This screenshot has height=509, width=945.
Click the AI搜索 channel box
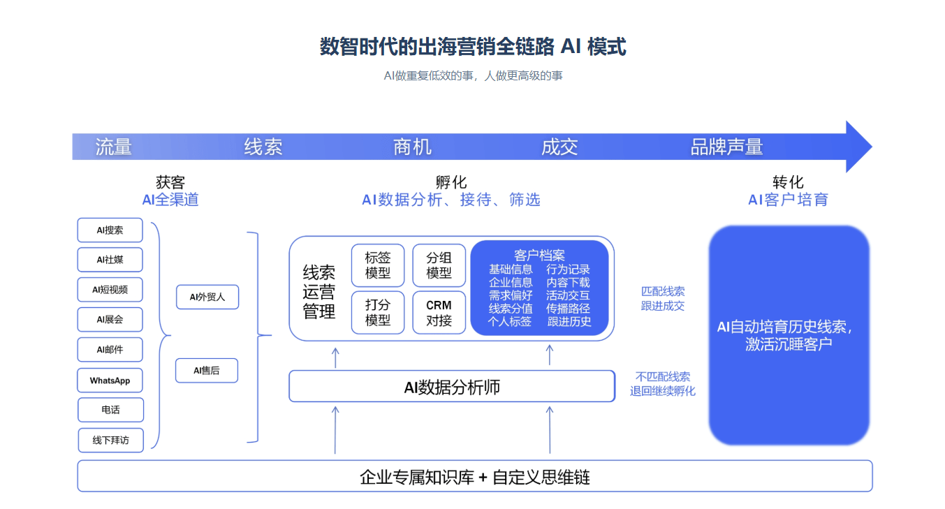[110, 230]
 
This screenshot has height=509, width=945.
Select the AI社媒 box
[110, 260]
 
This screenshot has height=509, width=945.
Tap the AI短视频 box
[110, 290]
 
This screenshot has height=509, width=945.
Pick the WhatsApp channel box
[110, 381]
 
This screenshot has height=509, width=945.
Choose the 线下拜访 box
[110, 441]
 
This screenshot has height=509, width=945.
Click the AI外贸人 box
[207, 297]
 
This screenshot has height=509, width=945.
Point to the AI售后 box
[206, 371]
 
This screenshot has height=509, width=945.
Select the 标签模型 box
[378, 265]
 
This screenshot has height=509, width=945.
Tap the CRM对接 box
[439, 313]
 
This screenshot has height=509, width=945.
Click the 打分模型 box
[378, 313]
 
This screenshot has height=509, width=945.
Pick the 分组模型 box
[439, 265]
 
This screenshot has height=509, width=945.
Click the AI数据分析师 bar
[452, 387]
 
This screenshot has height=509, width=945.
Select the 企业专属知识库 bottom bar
[474, 476]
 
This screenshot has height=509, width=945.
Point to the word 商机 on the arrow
[412, 147]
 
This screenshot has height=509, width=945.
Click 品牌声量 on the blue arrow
[726, 147]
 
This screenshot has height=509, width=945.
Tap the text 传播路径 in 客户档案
[568, 309]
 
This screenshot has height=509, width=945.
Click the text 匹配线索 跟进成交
[662, 298]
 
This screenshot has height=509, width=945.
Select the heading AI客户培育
[788, 200]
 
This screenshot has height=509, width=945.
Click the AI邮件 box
[110, 350]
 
